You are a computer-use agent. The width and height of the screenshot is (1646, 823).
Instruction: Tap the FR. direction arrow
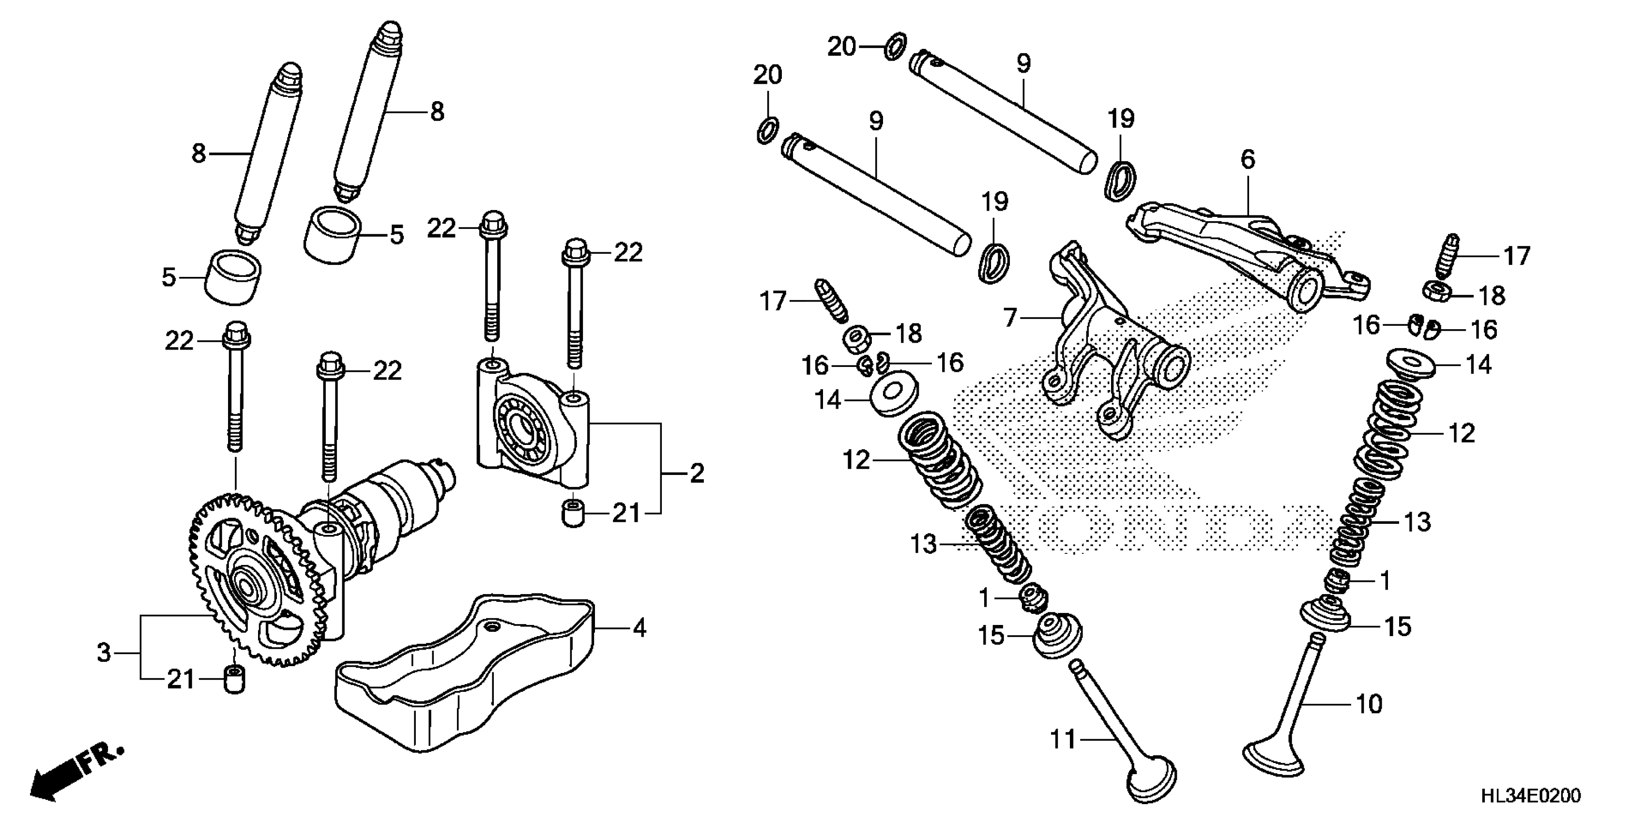(x=76, y=772)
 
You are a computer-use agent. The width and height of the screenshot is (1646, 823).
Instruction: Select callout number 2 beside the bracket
(x=697, y=473)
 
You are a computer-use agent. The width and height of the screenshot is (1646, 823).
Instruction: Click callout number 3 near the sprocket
(x=104, y=653)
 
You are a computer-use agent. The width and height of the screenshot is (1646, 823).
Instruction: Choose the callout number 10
(x=1369, y=703)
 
